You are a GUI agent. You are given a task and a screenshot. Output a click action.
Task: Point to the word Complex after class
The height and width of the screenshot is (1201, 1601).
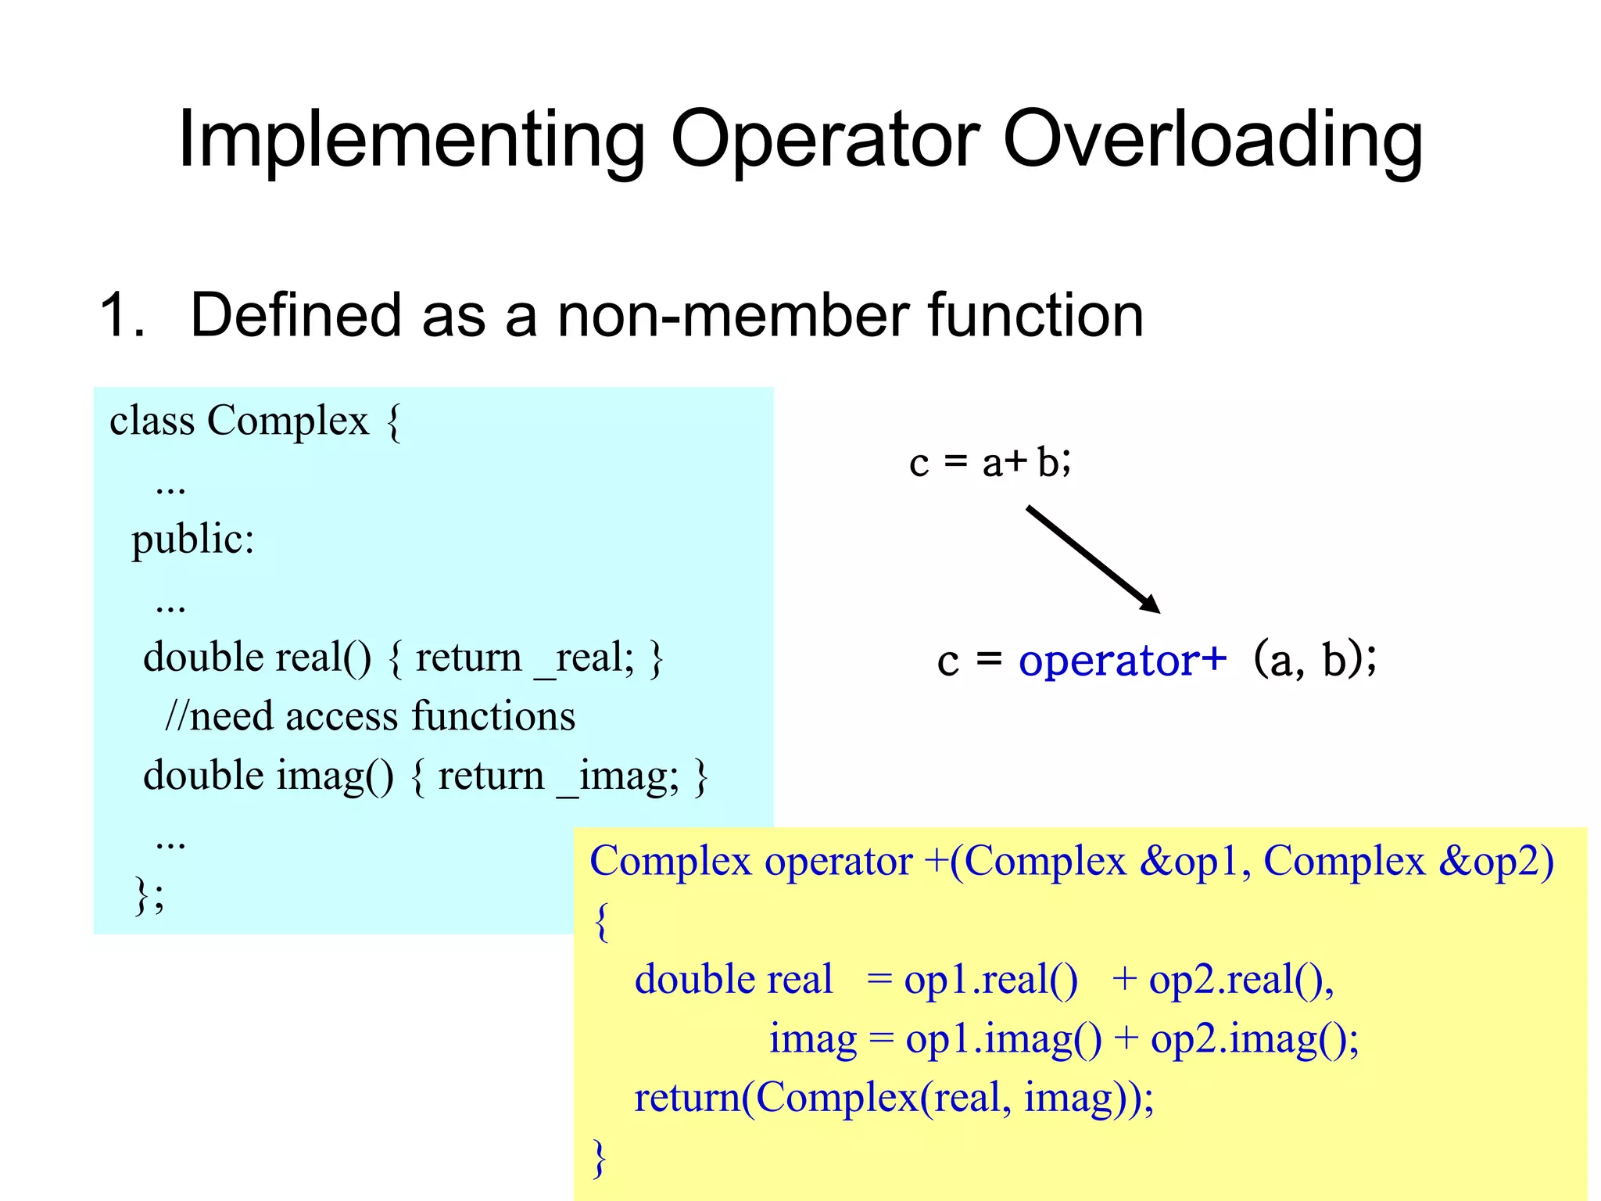tap(287, 421)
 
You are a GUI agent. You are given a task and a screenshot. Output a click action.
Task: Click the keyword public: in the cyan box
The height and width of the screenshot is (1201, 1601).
tap(192, 540)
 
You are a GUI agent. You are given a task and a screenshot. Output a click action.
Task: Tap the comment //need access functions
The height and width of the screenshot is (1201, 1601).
tap(370, 716)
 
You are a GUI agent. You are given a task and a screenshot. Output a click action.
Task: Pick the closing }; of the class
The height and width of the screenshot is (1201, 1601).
tap(149, 894)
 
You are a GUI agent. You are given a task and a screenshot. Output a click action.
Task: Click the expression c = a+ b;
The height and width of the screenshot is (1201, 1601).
tap(990, 462)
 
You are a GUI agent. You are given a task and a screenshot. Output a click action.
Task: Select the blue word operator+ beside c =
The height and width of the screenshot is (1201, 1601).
tap(1123, 661)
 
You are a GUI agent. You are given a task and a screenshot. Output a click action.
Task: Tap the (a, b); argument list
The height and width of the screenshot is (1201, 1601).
tap(1314, 659)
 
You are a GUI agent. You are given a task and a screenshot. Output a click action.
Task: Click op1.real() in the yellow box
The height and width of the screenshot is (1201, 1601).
tap(990, 980)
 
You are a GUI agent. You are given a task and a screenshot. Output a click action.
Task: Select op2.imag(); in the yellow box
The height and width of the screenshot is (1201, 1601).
tap(1254, 1039)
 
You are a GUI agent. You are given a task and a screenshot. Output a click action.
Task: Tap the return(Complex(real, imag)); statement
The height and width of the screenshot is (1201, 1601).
tap(894, 1098)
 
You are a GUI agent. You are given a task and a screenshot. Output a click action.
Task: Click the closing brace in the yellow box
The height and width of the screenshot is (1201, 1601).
tap(600, 1156)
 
